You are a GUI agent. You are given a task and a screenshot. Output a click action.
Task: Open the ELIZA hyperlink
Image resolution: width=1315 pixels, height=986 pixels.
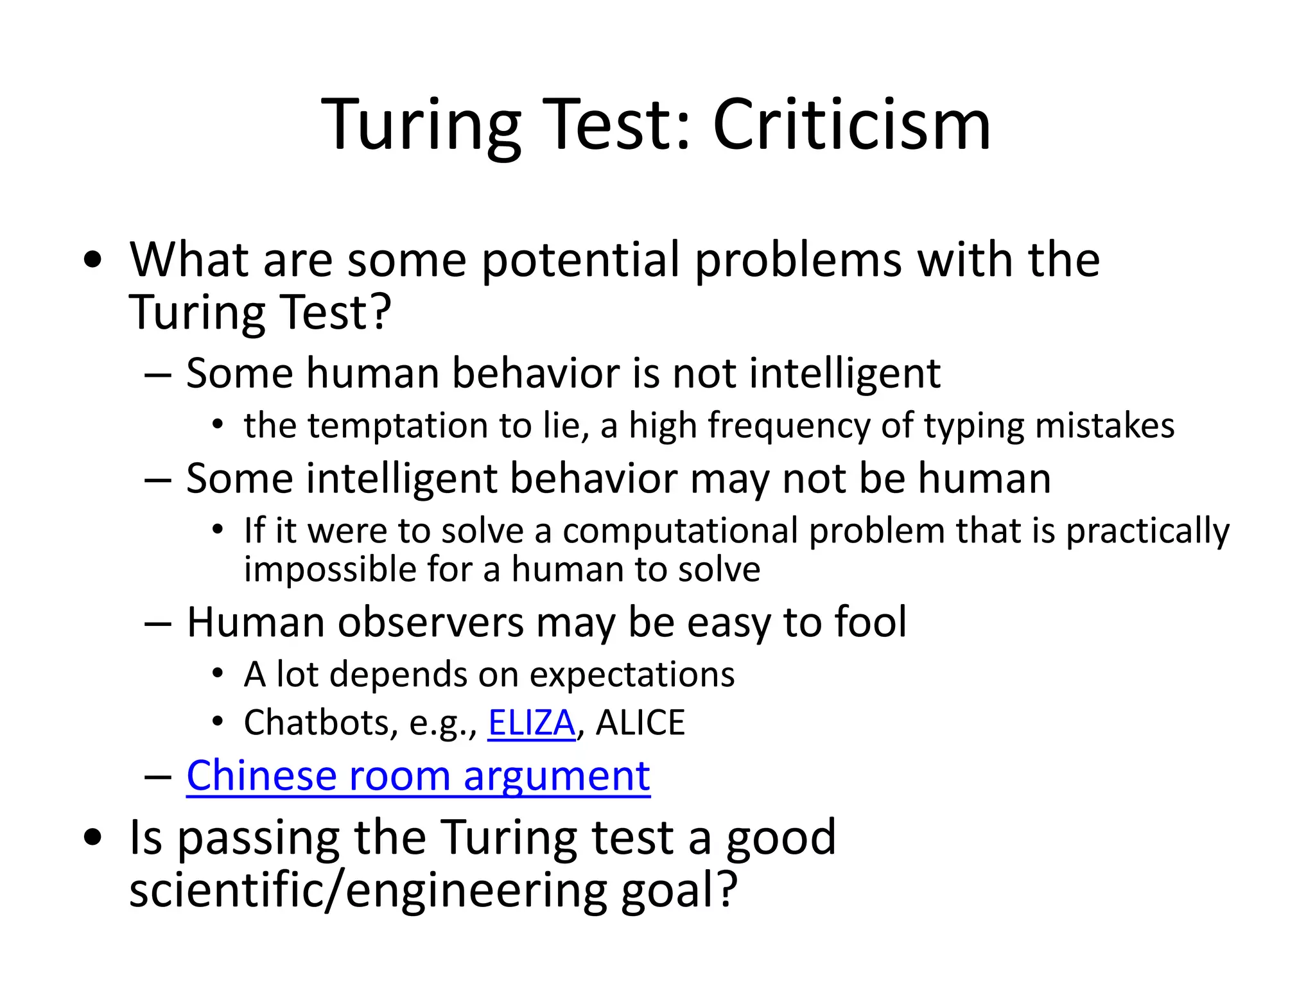click(x=531, y=723)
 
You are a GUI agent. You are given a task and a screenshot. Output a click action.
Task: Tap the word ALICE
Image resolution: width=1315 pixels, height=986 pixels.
click(x=640, y=723)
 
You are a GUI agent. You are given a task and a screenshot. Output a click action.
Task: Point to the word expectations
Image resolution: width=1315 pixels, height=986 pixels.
click(x=632, y=675)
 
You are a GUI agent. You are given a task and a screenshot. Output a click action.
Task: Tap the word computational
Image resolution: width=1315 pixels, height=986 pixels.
click(x=680, y=531)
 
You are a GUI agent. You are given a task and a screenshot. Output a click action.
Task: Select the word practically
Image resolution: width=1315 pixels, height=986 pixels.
click(x=1147, y=531)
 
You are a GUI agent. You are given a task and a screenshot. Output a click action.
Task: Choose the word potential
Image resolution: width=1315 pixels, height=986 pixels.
click(x=580, y=260)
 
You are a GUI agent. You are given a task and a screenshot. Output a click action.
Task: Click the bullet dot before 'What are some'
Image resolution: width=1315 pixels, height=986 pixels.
click(x=93, y=260)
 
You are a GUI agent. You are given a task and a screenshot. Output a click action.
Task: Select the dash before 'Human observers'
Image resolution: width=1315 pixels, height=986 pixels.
click(x=158, y=623)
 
